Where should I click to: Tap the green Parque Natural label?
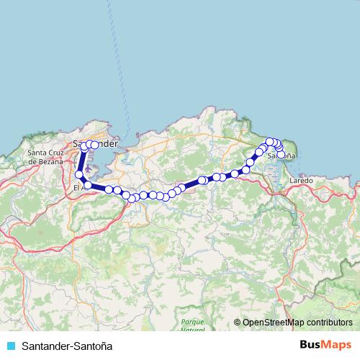[x=192, y=325]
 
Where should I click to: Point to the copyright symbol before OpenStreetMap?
[x=238, y=323]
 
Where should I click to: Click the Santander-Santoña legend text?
[x=67, y=345]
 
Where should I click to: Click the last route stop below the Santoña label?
[x=281, y=153]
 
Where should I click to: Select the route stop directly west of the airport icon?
[x=79, y=174]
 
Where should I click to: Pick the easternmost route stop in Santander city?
[x=94, y=145]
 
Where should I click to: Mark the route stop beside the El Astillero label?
[x=88, y=185]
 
